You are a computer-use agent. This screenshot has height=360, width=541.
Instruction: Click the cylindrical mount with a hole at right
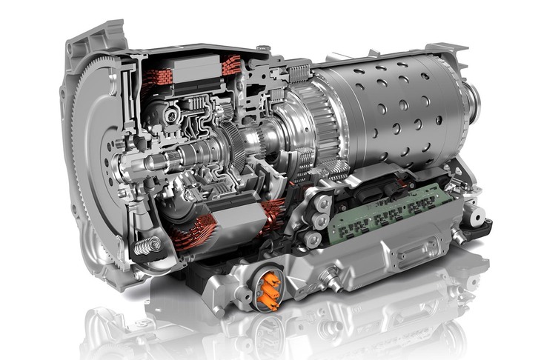[475, 214]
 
